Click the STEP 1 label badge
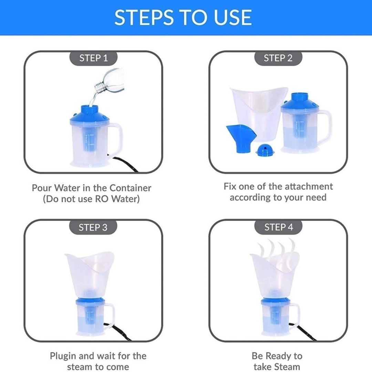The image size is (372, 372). click(93, 58)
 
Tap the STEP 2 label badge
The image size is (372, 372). click(278, 58)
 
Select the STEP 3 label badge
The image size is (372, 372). click(93, 227)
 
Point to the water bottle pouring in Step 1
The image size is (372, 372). click(110, 81)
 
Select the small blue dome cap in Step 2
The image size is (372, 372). click(265, 150)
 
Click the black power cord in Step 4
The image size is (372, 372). click(303, 331)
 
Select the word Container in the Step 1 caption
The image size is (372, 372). click(130, 188)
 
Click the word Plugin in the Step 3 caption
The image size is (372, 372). click(63, 356)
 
